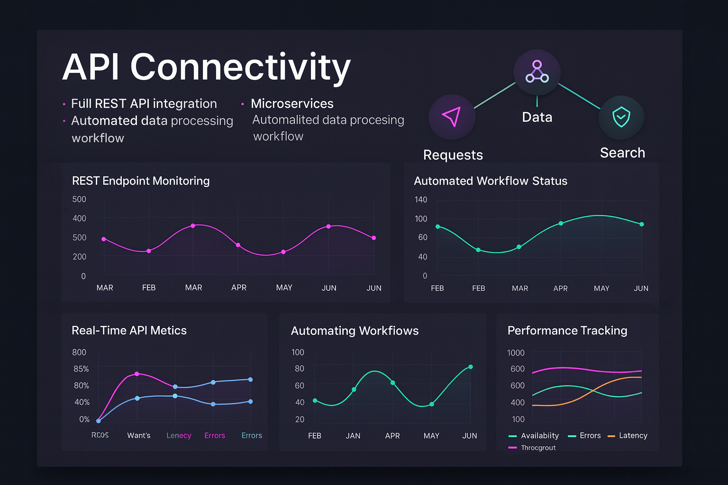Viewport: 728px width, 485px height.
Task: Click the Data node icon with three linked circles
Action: [537, 72]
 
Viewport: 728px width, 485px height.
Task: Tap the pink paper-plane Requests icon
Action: [451, 117]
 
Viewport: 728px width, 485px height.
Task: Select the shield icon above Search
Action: [621, 117]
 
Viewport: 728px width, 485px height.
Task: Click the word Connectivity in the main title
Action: [240, 67]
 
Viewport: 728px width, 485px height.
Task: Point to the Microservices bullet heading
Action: [292, 104]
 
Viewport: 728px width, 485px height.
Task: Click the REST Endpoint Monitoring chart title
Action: [141, 181]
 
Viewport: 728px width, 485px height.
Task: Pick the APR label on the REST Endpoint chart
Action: [239, 287]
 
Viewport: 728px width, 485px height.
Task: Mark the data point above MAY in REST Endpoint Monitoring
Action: [283, 252]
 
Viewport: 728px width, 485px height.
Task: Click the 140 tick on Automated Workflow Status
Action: [421, 199]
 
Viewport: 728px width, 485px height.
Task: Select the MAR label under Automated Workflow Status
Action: [520, 288]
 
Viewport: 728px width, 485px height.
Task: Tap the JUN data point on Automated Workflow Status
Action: [642, 225]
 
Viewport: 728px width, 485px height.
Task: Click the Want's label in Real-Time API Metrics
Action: [139, 435]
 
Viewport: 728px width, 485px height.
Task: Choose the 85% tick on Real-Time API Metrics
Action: [81, 368]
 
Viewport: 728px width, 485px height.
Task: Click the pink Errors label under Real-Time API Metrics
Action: [215, 435]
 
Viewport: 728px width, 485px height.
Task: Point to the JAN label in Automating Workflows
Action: [353, 436]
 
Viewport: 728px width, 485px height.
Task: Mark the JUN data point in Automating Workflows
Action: [471, 367]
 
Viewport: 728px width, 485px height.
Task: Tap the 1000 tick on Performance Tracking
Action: [516, 353]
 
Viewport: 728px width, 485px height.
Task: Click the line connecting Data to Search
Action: [579, 96]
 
